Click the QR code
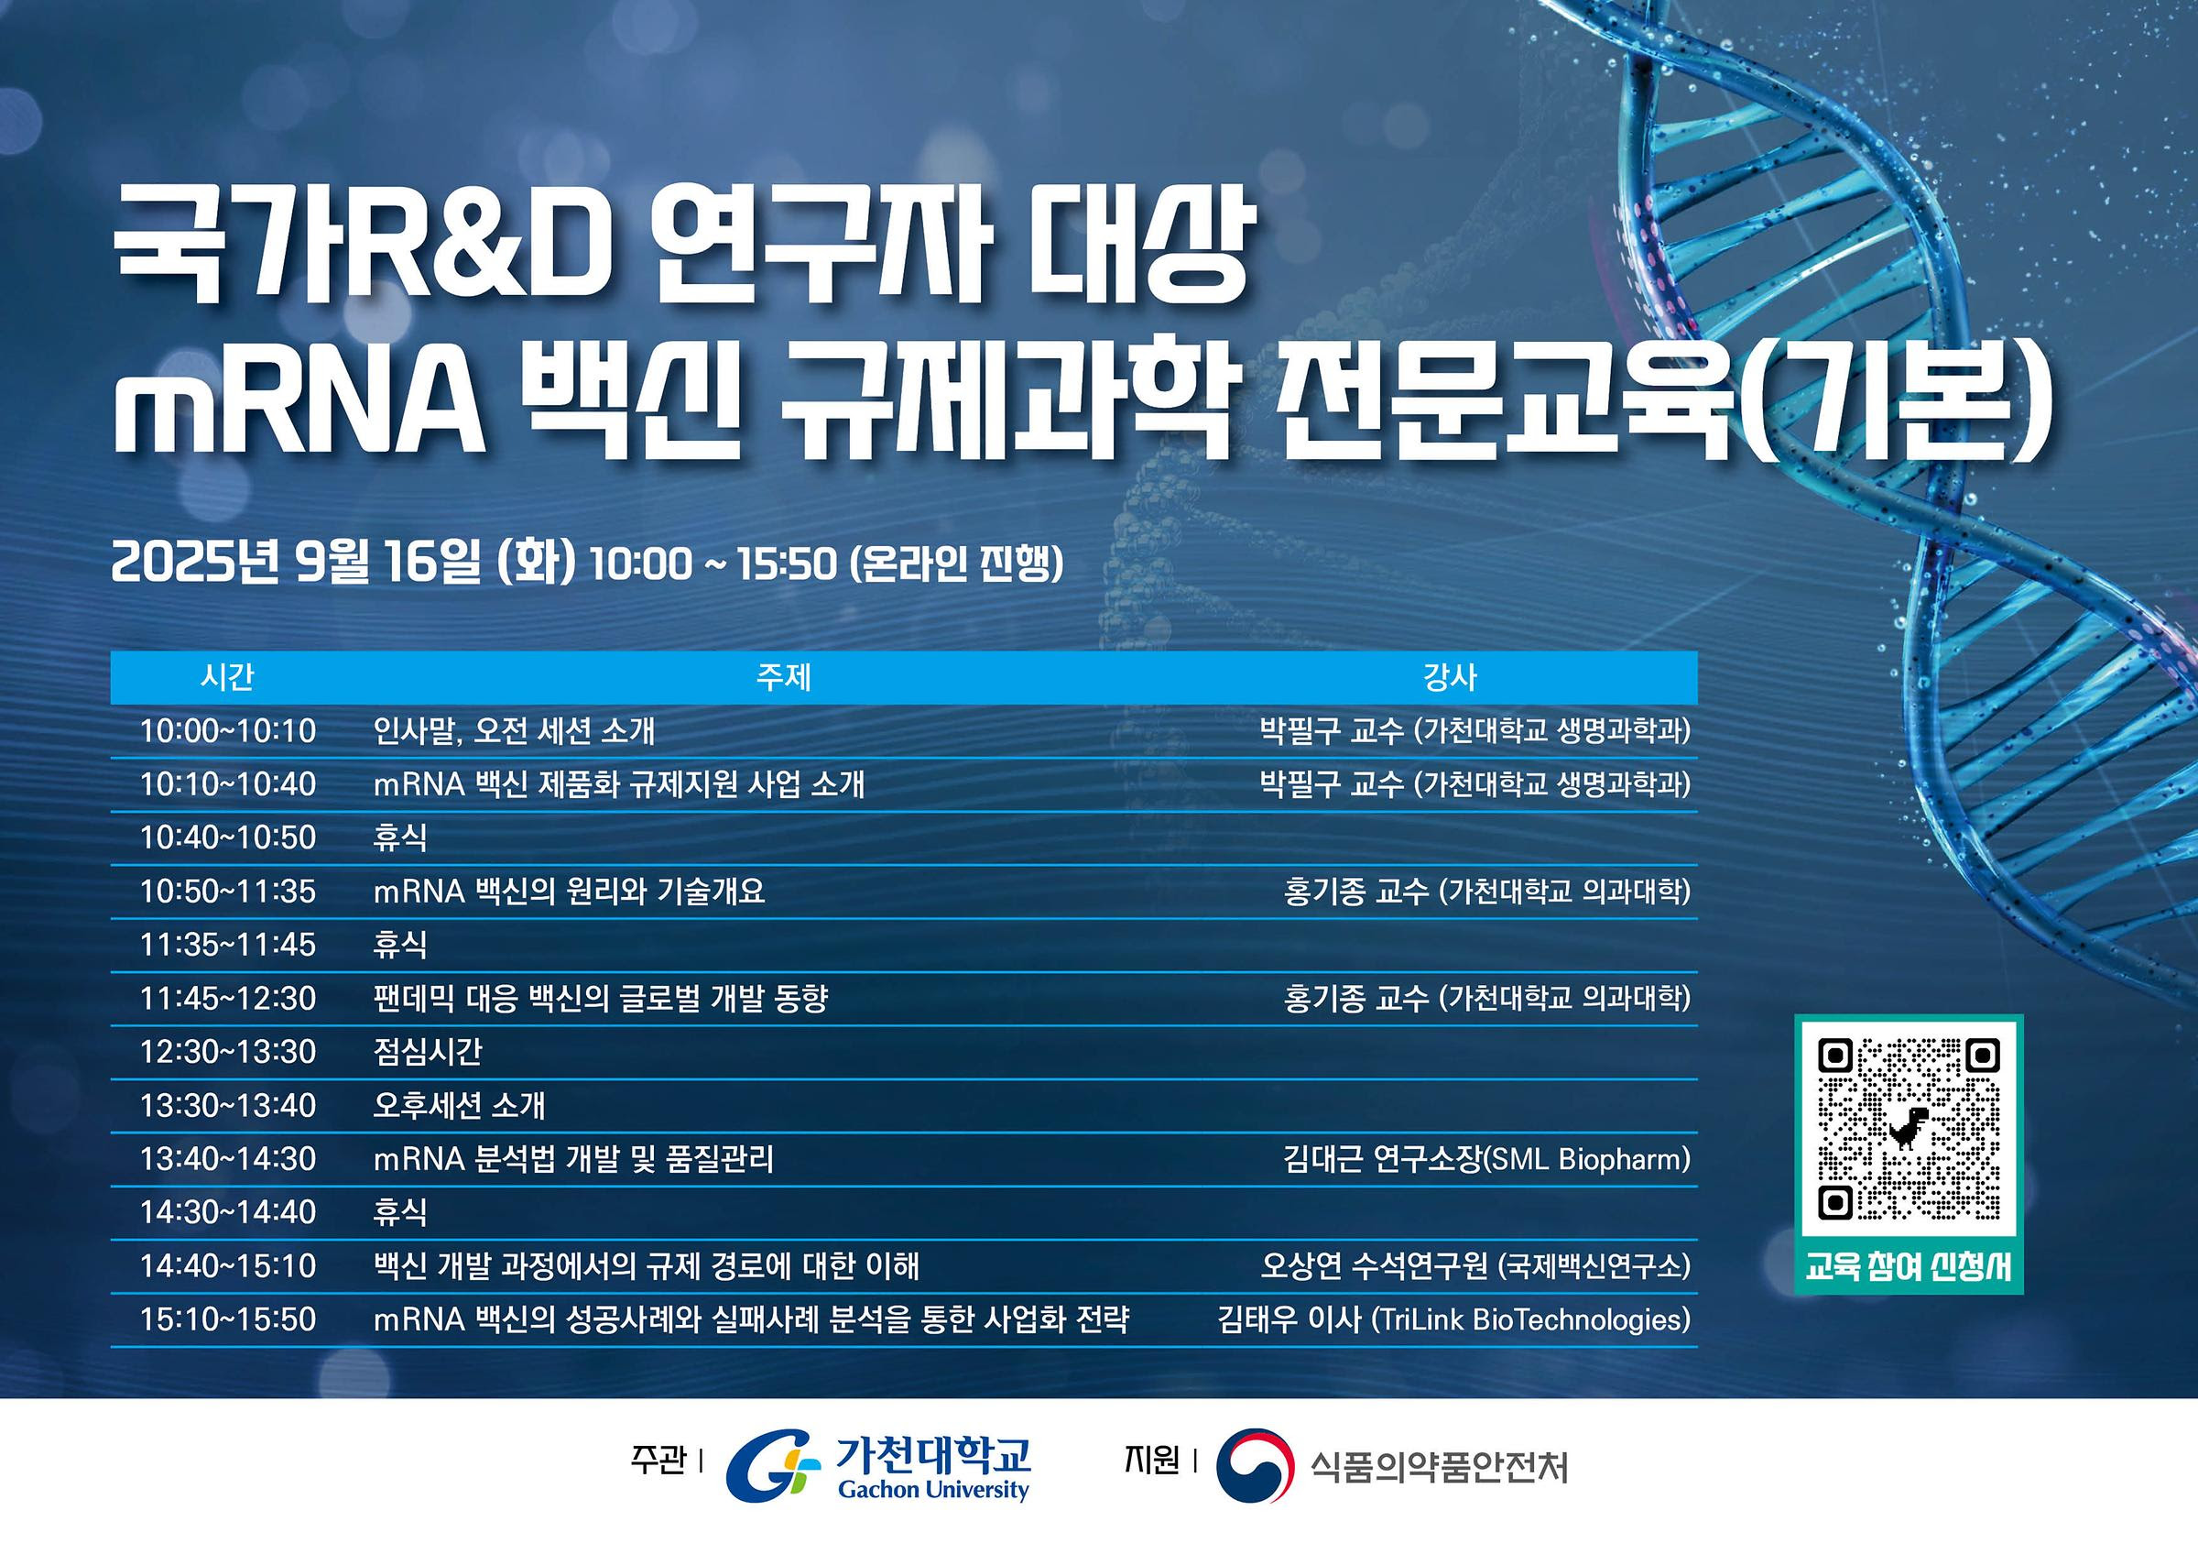pyautogui.click(x=1909, y=1129)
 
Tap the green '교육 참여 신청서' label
pyautogui.click(x=1909, y=1268)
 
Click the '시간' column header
pyautogui.click(x=227, y=677)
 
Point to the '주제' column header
pyautogui.click(x=783, y=677)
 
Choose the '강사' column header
pyautogui.click(x=1451, y=677)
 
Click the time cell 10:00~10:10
pyautogui.click(x=228, y=731)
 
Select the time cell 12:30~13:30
pyautogui.click(x=228, y=1052)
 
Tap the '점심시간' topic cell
pyautogui.click(x=427, y=1052)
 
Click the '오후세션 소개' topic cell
pyautogui.click(x=459, y=1106)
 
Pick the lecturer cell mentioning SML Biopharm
pyautogui.click(x=1486, y=1159)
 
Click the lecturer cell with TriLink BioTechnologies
pyautogui.click(x=1454, y=1319)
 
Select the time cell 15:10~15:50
pyautogui.click(x=228, y=1319)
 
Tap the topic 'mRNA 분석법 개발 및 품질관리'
pyautogui.click(x=573, y=1159)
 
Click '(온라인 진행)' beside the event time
pyautogui.click(x=956, y=564)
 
